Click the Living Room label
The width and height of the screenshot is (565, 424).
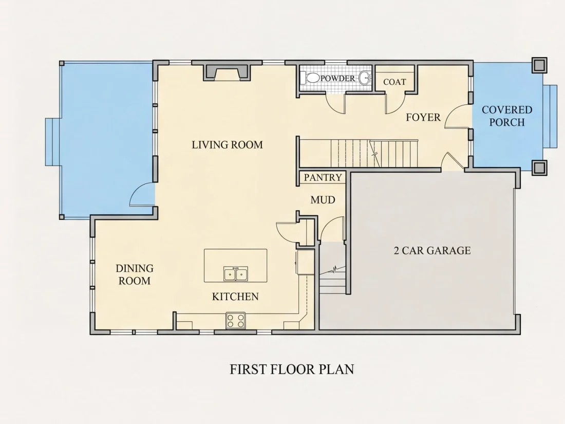coord(227,144)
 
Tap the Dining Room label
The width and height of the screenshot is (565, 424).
coord(135,274)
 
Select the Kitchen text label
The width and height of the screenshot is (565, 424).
coord(235,297)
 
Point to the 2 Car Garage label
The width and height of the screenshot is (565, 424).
coord(432,250)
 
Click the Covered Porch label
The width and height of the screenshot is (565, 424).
coord(507,116)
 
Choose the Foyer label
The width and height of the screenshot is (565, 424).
coord(423,117)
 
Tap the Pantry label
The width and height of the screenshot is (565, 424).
coord(323,177)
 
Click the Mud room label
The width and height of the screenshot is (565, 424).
coord(323,199)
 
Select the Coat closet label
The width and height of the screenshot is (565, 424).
coord(394,82)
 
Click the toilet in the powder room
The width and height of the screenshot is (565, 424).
coord(312,78)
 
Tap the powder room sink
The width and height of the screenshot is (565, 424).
coord(366,78)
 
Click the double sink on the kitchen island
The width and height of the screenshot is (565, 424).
coord(235,274)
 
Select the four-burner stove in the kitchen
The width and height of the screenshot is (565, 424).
coord(236,321)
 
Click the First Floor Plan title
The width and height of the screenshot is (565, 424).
coord(292,369)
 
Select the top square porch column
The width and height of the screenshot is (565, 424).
coord(539,65)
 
